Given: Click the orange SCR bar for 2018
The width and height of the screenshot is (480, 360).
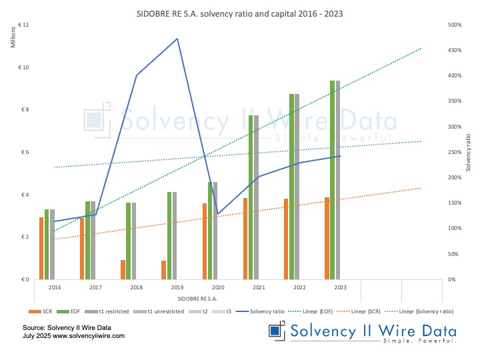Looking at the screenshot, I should click(x=123, y=269).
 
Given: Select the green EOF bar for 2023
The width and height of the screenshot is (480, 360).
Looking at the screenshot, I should click(x=332, y=180).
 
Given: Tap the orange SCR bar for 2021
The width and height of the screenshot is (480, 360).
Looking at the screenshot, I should click(x=245, y=238).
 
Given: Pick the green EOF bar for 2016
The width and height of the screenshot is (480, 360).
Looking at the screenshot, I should click(x=47, y=244).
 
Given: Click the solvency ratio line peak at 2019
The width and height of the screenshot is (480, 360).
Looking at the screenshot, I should click(x=177, y=39).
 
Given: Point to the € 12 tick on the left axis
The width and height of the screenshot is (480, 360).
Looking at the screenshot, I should click(x=24, y=25).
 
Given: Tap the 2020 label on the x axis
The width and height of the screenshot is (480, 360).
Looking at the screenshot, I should click(x=217, y=287).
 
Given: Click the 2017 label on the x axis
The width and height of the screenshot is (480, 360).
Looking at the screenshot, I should click(x=95, y=287).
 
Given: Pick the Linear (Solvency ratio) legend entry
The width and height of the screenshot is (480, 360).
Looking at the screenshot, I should click(x=421, y=311).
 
